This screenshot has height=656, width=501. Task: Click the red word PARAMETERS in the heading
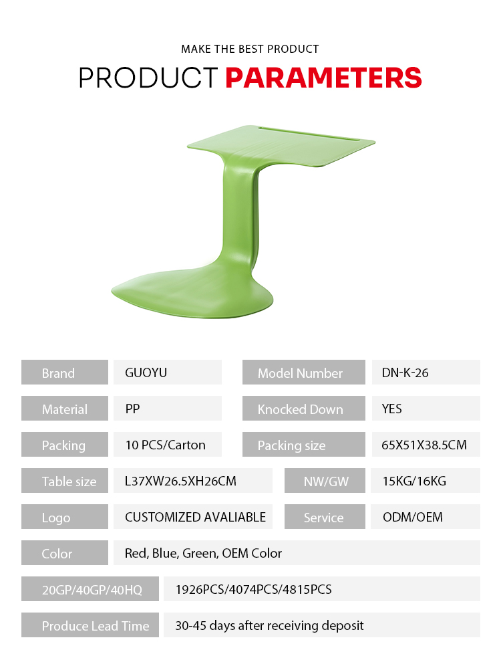point(323,78)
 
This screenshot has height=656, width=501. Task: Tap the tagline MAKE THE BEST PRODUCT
point(250,49)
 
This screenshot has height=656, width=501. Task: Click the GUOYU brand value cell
point(168,372)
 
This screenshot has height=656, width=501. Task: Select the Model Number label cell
point(304,372)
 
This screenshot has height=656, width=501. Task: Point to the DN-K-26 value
point(405,372)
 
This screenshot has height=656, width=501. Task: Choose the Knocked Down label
point(300,409)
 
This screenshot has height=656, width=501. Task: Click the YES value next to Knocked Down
point(391,409)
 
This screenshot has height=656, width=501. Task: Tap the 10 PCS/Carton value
point(166,445)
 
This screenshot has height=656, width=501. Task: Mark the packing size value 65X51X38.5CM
point(424,445)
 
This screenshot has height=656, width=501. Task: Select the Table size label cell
point(65,480)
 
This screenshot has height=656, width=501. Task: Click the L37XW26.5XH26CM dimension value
point(180,481)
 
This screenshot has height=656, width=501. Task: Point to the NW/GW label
point(326,481)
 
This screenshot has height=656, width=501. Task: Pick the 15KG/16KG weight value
point(414,481)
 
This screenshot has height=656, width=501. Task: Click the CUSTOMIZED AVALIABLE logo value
point(195,517)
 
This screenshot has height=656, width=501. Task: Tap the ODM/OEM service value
point(412,517)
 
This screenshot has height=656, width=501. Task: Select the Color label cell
point(65,552)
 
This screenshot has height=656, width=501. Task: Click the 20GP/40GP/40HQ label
point(92,590)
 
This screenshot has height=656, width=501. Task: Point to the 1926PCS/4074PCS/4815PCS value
point(253,589)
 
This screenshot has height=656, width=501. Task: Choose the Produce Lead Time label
point(96,625)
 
